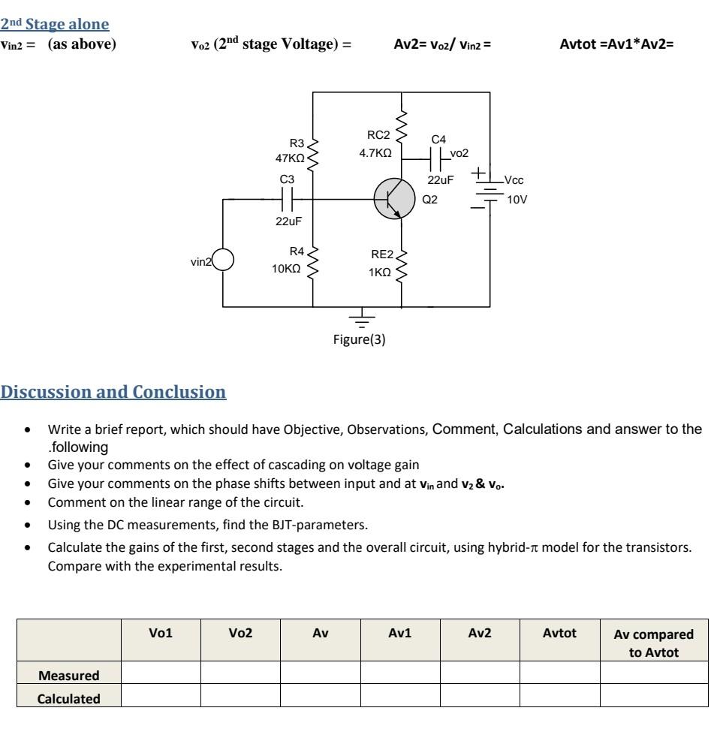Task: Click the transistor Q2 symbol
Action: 394,199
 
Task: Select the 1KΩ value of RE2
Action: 379,273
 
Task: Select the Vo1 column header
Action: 161,633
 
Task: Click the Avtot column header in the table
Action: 559,633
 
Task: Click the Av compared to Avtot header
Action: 653,640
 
